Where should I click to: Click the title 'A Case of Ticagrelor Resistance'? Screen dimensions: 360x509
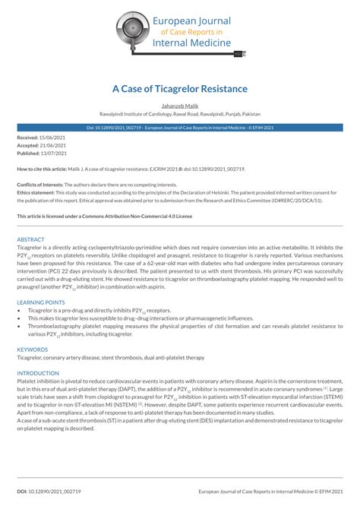click(179, 89)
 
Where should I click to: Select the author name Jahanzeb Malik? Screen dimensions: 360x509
click(179, 106)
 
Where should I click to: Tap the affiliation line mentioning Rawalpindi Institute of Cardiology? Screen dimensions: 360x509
click(179, 113)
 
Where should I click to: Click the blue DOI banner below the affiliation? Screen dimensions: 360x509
click(179, 128)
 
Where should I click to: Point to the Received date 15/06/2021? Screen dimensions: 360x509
click(55, 138)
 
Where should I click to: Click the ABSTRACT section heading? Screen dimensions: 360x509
click(31, 239)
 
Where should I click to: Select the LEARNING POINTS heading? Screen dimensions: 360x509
click(42, 302)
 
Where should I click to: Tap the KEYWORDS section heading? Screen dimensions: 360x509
click(33, 349)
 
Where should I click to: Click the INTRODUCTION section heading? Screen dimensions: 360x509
click(38, 373)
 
